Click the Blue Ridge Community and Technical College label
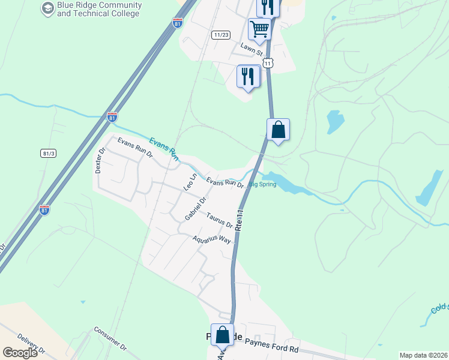[x=99, y=9]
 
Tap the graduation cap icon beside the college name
[x=47, y=8]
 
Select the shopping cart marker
[x=259, y=28]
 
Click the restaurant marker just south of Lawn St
[x=249, y=76]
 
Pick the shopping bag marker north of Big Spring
[x=278, y=130]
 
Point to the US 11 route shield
[x=268, y=62]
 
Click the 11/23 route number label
[x=221, y=35]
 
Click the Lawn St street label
[x=252, y=50]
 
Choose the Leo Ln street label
[x=190, y=181]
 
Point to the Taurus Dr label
[x=219, y=220]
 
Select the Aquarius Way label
[x=211, y=239]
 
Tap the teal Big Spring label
[x=262, y=184]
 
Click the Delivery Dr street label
[x=31, y=344]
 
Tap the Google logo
[x=20, y=353]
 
